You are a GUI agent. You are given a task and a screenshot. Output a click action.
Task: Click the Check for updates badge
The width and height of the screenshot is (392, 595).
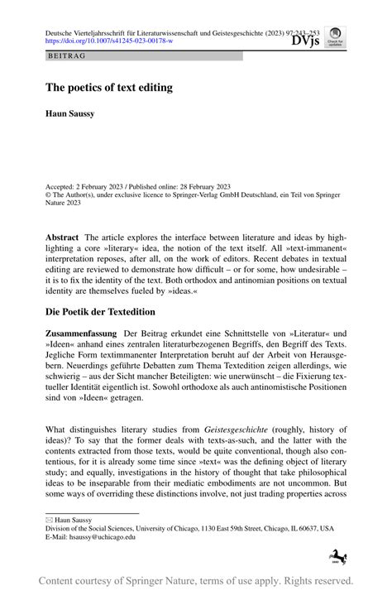pos(336,37)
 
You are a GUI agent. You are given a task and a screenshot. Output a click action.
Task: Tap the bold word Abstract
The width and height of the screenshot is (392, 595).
pos(62,237)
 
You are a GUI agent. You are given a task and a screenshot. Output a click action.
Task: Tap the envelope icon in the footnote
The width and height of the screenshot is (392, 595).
pos(49,520)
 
